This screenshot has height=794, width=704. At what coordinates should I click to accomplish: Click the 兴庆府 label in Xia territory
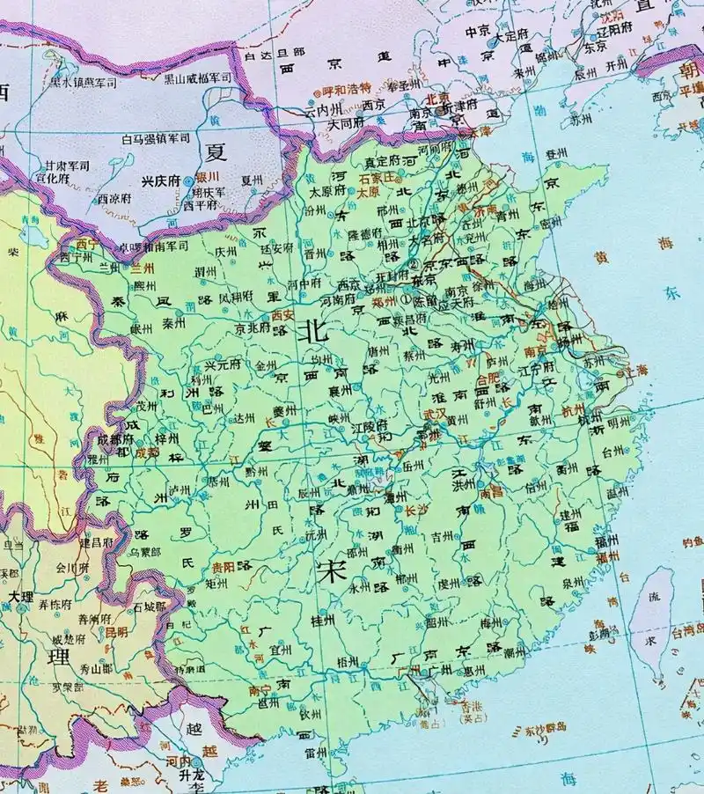[161, 180]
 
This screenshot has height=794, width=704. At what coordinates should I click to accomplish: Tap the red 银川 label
[208, 176]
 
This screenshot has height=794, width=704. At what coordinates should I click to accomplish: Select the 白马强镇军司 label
[156, 138]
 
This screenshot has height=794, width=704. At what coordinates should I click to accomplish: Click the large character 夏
[216, 151]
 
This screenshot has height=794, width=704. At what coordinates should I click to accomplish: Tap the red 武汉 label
[434, 412]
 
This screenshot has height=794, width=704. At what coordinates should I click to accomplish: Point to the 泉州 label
[573, 582]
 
